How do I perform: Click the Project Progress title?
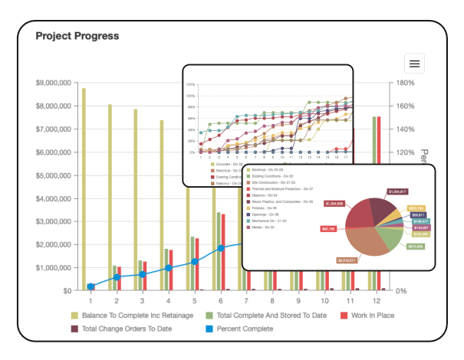pyautogui.click(x=77, y=35)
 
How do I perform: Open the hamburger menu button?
pyautogui.click(x=414, y=64)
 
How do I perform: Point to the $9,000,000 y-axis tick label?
pyautogui.click(x=54, y=83)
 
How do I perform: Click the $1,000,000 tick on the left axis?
pyautogui.click(x=54, y=268)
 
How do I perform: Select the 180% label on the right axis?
pyautogui.click(x=405, y=83)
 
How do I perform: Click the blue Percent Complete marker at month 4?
pyautogui.click(x=169, y=268)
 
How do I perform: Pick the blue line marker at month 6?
pyautogui.click(x=221, y=248)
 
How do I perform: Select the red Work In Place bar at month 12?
pyautogui.click(x=379, y=203)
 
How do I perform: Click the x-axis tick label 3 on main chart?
pyautogui.click(x=142, y=302)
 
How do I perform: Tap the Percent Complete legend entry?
pyautogui.click(x=239, y=329)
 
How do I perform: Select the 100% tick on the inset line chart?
pyautogui.click(x=190, y=97)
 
